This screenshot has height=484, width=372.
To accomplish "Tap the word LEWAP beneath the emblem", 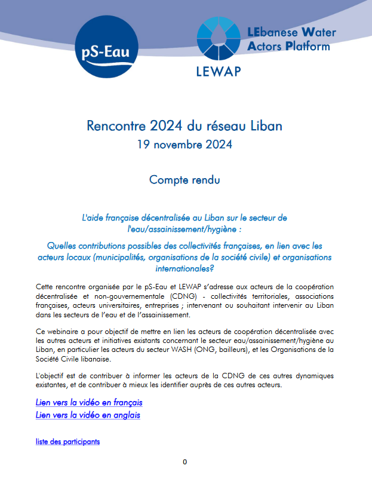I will point(218,72).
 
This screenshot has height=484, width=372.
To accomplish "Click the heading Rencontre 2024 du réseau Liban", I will point(185,126).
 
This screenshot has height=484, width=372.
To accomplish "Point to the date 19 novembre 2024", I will point(185,144).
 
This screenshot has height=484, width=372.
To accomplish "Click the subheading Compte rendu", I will point(185,179).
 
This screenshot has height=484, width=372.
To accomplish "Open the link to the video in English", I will point(88,415).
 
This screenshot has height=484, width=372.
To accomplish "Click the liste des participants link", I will point(67,442).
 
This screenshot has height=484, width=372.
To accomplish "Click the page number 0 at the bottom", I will point(185,462).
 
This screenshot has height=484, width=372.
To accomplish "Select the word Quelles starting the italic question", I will point(62,246).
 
